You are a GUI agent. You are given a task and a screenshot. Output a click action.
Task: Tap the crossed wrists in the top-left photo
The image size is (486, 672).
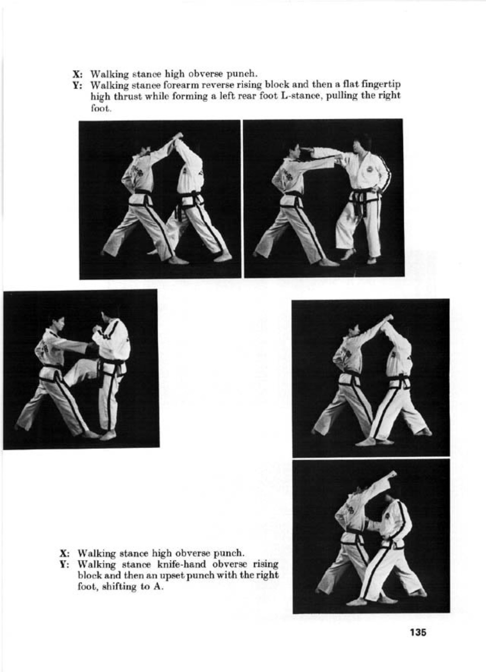point(177,137)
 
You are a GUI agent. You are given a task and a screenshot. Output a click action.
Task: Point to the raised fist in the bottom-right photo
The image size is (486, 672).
point(392,474)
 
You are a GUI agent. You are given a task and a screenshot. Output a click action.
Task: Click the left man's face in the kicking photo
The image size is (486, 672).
point(59,323)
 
